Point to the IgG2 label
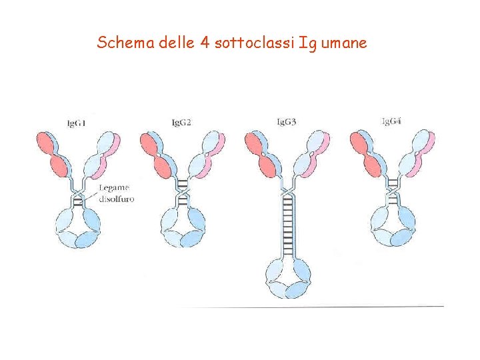pos(181,123)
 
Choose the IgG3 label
pos(287,122)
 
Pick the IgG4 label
pos(391,121)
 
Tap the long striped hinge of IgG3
pos(288,224)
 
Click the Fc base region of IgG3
pos(287,278)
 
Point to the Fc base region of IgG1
pos(78,228)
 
